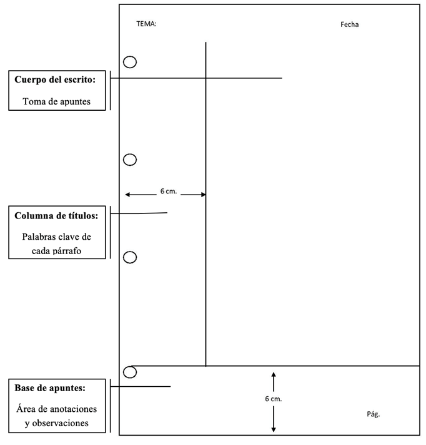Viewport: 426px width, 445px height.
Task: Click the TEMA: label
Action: (x=146, y=24)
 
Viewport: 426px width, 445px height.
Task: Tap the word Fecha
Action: (x=350, y=24)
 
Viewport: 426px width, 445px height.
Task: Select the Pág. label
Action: (x=373, y=414)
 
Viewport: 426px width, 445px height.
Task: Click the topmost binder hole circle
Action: (x=130, y=62)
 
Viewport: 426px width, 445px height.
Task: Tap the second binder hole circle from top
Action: (x=130, y=160)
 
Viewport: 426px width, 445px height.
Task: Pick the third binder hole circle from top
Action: (x=130, y=257)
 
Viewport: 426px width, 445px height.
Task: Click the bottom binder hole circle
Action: (x=130, y=372)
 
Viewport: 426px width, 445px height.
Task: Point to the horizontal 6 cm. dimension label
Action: (x=169, y=192)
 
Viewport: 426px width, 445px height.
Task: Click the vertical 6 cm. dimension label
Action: (x=274, y=399)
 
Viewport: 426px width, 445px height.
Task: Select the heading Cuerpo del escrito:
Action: (x=56, y=80)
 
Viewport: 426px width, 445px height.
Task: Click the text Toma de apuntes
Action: (x=56, y=101)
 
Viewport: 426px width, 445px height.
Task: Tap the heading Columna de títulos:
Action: (x=56, y=216)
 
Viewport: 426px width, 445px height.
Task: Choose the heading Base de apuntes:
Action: (x=50, y=388)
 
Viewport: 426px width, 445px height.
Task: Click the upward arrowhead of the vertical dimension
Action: (x=274, y=374)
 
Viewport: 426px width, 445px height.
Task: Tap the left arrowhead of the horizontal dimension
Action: (x=127, y=195)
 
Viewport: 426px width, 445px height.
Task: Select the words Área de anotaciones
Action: (x=56, y=409)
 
